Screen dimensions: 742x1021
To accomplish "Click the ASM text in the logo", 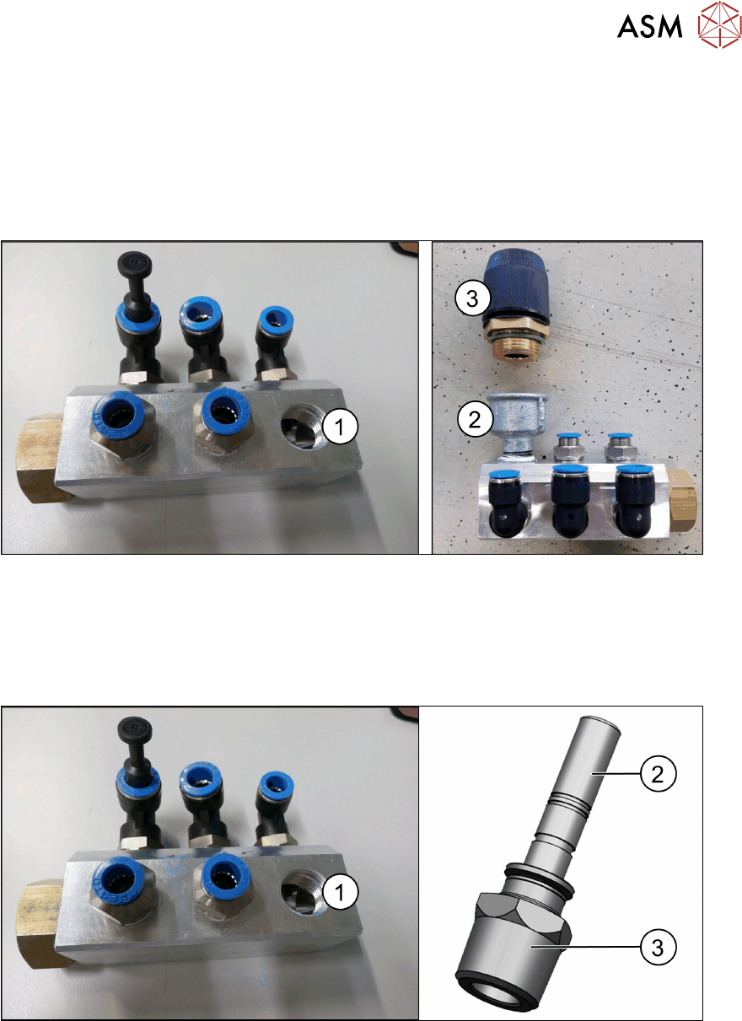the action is click(x=649, y=26).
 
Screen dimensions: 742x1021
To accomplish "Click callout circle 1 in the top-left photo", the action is click(x=340, y=427).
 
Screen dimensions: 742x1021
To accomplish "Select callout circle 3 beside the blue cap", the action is click(x=472, y=298).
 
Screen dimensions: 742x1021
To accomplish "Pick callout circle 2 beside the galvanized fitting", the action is click(x=475, y=418).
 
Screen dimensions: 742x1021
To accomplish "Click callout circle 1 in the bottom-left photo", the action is click(x=340, y=893).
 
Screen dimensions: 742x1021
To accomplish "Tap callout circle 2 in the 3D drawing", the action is click(x=658, y=773).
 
